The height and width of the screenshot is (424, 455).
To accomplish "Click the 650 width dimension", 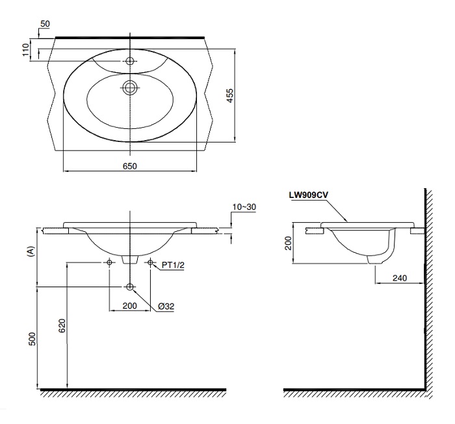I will (x=129, y=166).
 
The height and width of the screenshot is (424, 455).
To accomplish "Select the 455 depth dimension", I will (x=229, y=96).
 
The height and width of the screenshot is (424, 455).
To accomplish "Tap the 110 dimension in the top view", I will (x=27, y=49).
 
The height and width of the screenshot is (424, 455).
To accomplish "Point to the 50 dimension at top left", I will (x=45, y=23).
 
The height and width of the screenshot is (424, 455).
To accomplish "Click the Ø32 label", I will (x=166, y=305).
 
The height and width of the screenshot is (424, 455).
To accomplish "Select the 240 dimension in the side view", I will (x=399, y=278).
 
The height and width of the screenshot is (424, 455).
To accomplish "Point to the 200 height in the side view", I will (x=289, y=243).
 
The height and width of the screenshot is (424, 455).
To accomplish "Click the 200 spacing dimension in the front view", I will (x=129, y=305).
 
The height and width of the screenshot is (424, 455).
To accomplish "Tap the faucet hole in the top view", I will (x=130, y=61).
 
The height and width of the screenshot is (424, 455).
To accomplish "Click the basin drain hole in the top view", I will (x=130, y=87).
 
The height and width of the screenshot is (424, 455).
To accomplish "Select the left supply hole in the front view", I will (x=109, y=262).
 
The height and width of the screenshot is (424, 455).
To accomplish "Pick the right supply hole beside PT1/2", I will (x=150, y=262).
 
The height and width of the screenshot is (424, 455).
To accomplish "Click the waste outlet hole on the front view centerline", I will (x=130, y=287).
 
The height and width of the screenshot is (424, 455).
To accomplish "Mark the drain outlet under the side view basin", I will (x=374, y=259).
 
